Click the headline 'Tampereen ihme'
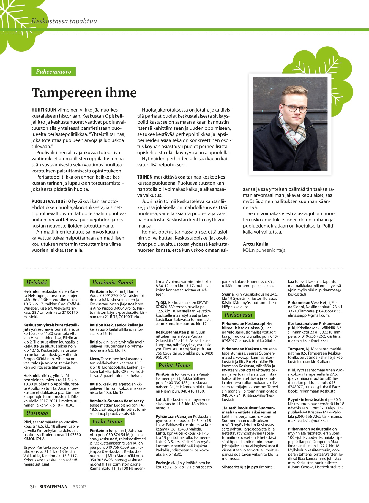[x=84, y=93]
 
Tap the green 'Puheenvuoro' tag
[x=53, y=72]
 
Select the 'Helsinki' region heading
[x=37, y=282]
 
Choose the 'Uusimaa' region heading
[x=37, y=413]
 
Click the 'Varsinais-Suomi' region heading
[x=113, y=282]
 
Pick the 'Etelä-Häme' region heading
[x=107, y=421]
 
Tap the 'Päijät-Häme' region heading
[x=174, y=365]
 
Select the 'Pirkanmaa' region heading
[x=238, y=315]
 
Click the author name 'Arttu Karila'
[x=255, y=244]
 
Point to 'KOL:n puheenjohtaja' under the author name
[x=264, y=250]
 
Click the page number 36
[x=33, y=486]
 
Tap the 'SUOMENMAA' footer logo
[x=53, y=486]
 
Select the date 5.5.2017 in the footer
[x=80, y=487]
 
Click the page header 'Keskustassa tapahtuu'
[x=64, y=21]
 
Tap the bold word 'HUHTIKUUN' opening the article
[x=44, y=110]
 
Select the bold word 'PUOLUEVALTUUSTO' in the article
[x=51, y=201]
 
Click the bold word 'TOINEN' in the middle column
[x=145, y=177]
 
